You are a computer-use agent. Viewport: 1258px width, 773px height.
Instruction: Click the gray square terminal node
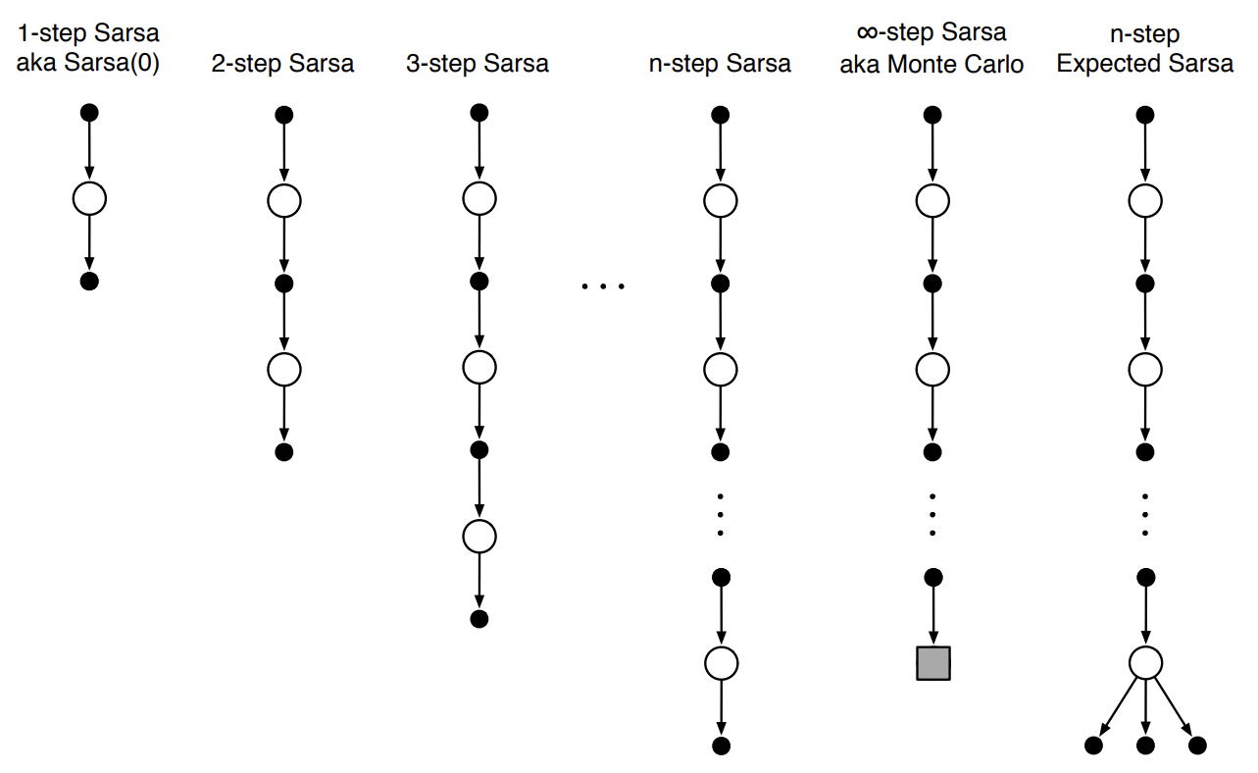click(x=933, y=663)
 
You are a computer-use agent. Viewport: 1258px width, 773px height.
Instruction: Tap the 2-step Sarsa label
click(x=283, y=65)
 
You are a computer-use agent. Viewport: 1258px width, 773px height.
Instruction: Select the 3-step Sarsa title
click(x=478, y=65)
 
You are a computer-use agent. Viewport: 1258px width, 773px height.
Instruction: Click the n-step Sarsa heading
click(x=720, y=65)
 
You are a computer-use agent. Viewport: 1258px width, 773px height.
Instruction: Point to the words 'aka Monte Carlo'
click(x=931, y=65)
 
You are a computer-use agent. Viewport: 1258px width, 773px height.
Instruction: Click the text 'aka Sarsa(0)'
click(x=89, y=65)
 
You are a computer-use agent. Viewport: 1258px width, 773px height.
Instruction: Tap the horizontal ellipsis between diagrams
click(x=602, y=287)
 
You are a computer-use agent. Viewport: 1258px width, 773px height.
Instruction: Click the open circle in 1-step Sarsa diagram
click(x=89, y=199)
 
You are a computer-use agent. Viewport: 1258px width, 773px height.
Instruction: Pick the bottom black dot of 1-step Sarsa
click(x=89, y=283)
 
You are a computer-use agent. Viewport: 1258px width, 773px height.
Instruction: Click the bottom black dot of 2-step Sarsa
click(x=283, y=452)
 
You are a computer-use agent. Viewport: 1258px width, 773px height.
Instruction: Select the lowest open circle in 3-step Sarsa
click(x=478, y=536)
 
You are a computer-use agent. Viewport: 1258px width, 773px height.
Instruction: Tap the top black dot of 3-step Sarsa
click(x=478, y=113)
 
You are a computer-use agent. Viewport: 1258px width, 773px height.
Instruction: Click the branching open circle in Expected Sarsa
click(x=1145, y=663)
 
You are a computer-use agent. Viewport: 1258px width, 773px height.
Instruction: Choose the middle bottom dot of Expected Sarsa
click(x=1145, y=746)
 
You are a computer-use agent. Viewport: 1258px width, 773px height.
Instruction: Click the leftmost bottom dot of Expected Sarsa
click(x=1093, y=746)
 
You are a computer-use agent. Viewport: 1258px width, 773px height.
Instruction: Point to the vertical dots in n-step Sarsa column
click(x=721, y=513)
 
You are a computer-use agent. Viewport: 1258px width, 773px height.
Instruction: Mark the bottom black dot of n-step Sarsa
click(x=721, y=746)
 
